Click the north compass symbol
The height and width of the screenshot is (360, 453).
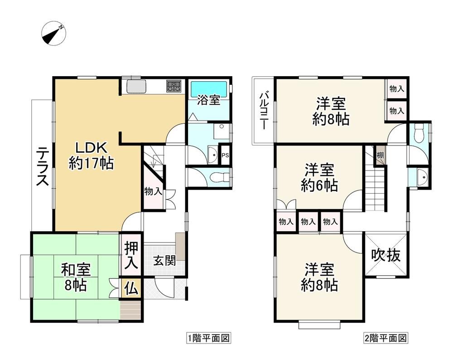(54, 34)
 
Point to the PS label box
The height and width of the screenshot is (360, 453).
(225, 155)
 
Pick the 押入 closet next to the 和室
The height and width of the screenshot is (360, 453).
(131, 255)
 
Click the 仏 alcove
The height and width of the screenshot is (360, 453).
(131, 288)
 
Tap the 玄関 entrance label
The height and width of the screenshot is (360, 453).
(164, 261)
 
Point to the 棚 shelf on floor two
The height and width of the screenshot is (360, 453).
(380, 156)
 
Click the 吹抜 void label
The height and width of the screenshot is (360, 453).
(386, 255)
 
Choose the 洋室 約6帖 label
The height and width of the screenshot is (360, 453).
(319, 178)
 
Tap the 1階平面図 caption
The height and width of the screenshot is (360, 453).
(208, 338)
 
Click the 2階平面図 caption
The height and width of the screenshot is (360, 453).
(386, 338)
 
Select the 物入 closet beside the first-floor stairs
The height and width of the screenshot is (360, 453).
(153, 191)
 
